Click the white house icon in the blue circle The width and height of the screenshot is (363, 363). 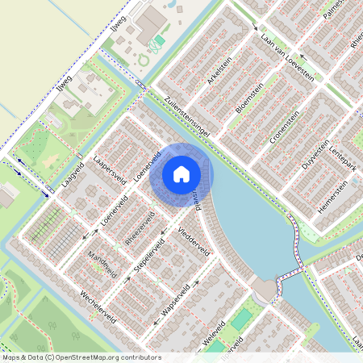[x=181, y=174]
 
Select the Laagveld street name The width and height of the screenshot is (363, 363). [x=73, y=174]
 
